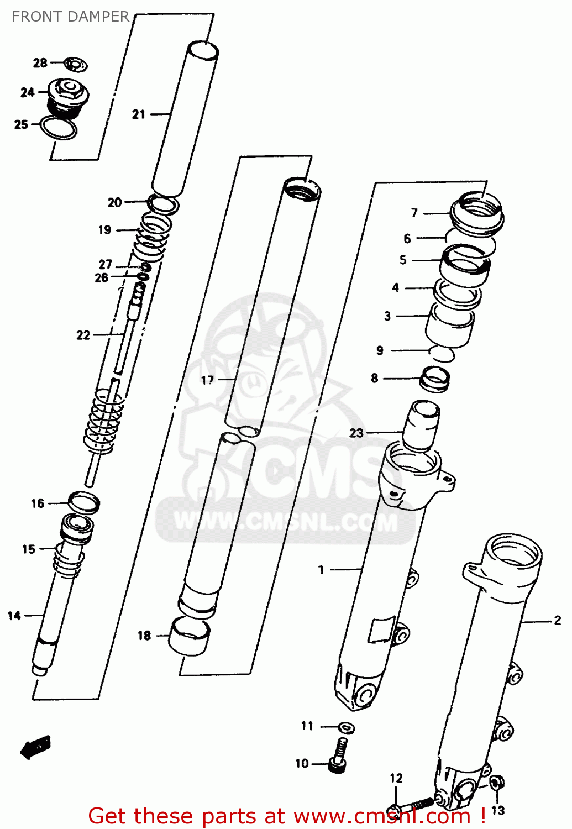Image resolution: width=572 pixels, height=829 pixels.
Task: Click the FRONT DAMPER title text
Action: point(70,17)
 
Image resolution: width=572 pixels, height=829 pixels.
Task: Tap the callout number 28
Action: point(40,63)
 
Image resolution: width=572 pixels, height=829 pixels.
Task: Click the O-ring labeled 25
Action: point(58,128)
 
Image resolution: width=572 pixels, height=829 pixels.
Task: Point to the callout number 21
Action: point(138,114)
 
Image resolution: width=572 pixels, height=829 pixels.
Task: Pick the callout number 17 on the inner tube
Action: point(207,380)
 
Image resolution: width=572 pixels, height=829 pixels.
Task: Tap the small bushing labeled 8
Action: point(435,379)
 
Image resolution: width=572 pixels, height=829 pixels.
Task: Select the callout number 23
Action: point(356,433)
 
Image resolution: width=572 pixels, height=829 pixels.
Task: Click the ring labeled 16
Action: point(84,502)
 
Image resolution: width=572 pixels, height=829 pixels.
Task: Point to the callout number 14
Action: point(14,615)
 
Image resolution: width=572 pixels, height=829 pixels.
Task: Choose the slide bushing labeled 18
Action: point(189,636)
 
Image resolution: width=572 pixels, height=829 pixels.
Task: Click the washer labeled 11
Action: point(347,727)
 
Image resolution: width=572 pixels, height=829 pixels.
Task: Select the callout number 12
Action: point(396,778)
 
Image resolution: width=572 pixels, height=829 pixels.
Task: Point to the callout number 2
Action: point(557,621)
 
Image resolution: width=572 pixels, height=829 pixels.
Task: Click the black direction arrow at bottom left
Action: point(35,747)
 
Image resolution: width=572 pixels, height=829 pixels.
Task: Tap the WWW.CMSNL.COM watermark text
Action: point(286,522)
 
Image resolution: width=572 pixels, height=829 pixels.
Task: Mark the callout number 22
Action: point(83,335)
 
